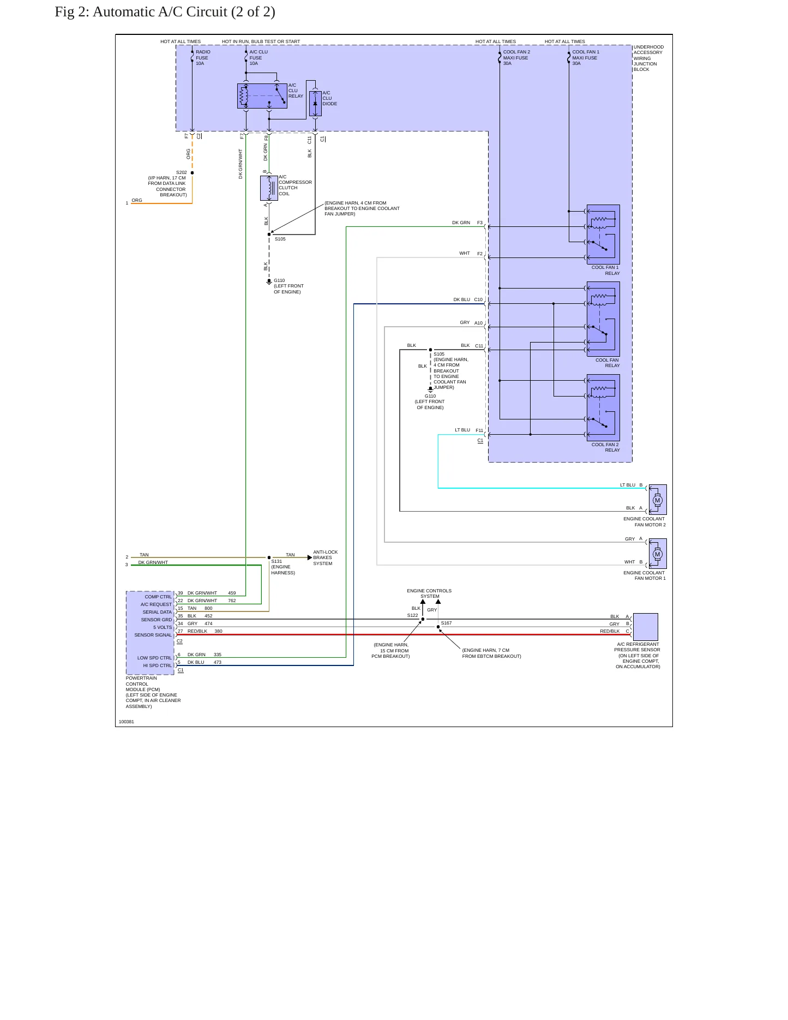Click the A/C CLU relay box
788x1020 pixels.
coord(262,96)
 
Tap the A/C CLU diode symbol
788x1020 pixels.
coord(315,104)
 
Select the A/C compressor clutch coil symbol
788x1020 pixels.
coord(269,188)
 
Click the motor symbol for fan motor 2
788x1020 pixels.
coord(658,500)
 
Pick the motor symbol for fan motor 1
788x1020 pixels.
coord(658,554)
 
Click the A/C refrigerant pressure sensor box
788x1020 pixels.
coord(645,627)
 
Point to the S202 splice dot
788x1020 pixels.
coord(193,173)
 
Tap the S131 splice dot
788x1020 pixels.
coord(269,557)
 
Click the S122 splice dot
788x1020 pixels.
coord(423,619)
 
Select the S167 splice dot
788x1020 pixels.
coord(438,627)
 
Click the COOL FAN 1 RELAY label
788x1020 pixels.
coord(605,271)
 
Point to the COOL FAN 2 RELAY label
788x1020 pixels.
coord(605,447)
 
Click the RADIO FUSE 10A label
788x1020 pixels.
coord(203,58)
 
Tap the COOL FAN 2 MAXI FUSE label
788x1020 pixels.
coord(516,58)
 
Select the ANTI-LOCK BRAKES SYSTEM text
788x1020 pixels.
coord(326,557)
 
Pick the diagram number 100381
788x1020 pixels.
coord(127,722)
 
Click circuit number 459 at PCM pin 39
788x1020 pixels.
coord(232,593)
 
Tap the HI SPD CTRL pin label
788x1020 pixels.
coord(158,665)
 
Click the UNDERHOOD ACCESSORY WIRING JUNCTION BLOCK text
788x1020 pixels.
coord(648,58)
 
